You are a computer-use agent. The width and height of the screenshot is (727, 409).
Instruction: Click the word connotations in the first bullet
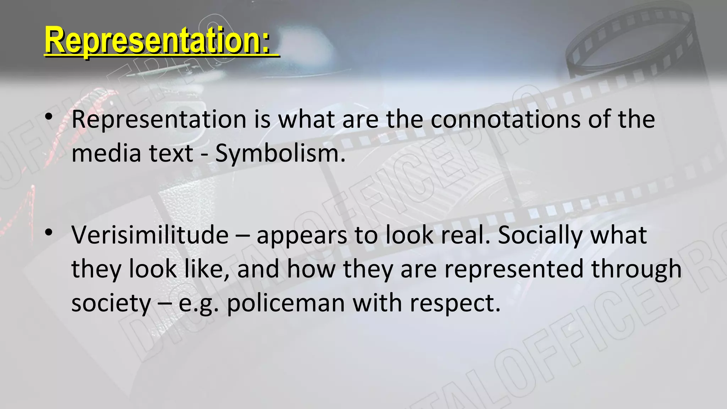click(505, 119)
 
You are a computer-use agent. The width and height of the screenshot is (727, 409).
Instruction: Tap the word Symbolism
click(280, 153)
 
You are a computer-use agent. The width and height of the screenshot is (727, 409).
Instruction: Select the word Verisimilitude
click(150, 235)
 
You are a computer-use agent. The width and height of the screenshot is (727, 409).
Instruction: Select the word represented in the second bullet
click(514, 269)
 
